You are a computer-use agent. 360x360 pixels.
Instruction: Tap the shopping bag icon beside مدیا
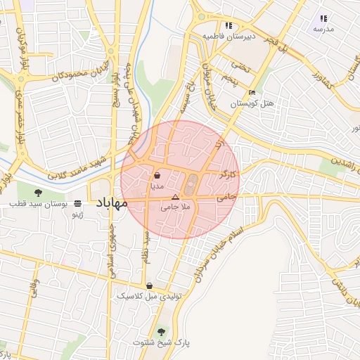pos(156,176)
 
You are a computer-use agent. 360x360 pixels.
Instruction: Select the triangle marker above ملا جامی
pos(175,198)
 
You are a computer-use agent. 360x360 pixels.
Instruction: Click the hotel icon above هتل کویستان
pos(252,93)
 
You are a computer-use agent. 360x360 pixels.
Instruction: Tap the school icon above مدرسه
pos(323,18)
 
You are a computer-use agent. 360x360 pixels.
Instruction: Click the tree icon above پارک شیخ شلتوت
pos(162,330)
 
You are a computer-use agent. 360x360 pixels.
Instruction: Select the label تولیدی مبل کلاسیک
pos(150,296)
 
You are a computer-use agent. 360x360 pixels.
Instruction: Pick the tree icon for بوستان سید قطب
pos(38,191)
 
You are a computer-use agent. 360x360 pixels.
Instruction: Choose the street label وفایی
pos(33,290)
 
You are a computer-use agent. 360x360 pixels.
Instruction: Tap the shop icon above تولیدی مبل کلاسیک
pos(149,285)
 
